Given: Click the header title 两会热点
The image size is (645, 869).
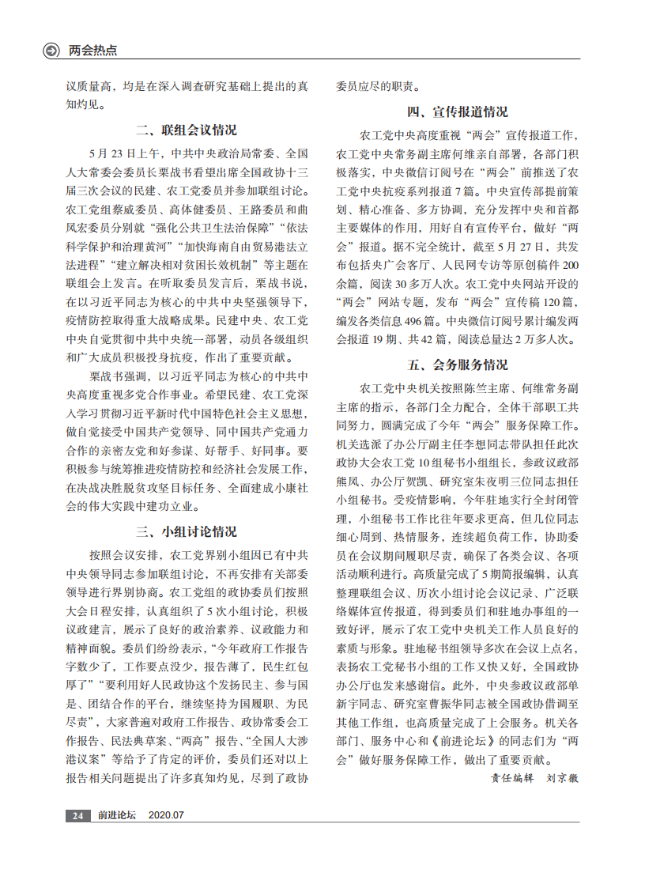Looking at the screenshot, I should point(92,51).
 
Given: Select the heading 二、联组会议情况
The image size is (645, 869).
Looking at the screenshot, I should point(187,130).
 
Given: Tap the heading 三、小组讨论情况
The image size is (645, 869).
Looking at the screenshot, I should point(187,531).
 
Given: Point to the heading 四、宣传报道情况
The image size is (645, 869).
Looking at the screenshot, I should point(458,111).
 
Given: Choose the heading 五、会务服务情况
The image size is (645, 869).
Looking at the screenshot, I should point(458,365).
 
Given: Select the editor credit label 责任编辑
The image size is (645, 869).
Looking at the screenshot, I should point(512,778).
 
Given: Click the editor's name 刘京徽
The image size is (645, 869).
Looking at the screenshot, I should point(563,778).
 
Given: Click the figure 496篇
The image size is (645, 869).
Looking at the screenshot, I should point(426,321).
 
